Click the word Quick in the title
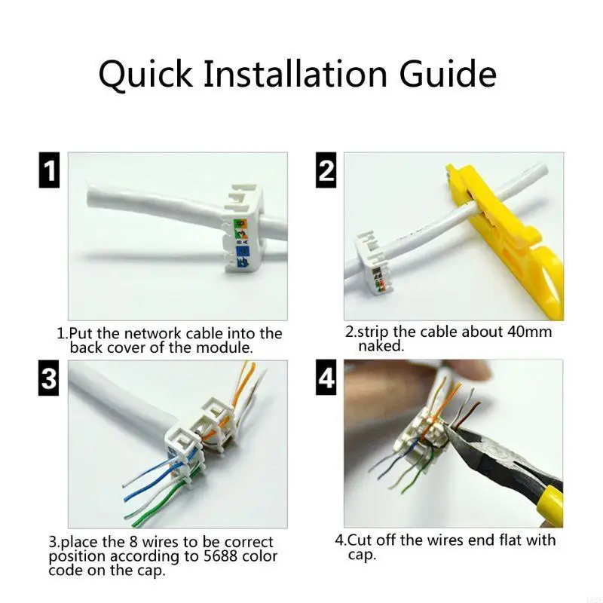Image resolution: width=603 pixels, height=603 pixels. pos(145,73)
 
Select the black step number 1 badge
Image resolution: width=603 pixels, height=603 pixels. pos(50,170)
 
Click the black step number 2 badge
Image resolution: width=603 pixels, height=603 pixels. pos(326,170)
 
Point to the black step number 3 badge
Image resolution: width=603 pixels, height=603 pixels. pos(49,378)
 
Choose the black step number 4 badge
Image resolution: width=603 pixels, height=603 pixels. pos(326,378)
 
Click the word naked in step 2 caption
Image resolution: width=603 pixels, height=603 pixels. pos(380,346)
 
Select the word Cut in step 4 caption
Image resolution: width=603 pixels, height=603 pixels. pos(360,540)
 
